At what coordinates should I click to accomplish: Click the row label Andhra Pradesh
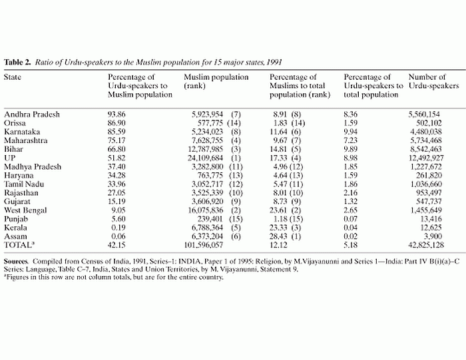tap(32, 114)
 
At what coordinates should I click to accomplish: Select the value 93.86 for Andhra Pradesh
tap(116, 114)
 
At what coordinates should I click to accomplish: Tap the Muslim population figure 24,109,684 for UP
tap(205, 158)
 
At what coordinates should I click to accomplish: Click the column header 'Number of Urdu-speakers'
tap(433, 81)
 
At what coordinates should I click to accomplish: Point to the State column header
tap(13, 77)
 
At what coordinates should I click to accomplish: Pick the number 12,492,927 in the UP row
tap(426, 158)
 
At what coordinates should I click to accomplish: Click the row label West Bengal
tap(25, 210)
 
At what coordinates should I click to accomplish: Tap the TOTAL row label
tap(17, 245)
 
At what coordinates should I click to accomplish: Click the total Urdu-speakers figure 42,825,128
tap(426, 245)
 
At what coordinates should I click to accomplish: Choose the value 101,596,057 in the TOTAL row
tap(204, 245)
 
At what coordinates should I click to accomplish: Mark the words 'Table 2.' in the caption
tap(17, 63)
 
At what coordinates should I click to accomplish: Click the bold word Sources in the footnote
tap(16, 262)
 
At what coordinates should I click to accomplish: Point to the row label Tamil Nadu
tap(24, 184)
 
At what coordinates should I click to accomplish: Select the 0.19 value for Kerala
tap(118, 228)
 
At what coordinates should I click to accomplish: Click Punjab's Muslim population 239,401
tap(210, 219)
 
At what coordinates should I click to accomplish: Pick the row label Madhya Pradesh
tap(33, 166)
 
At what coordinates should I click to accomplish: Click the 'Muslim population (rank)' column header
tap(216, 81)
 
